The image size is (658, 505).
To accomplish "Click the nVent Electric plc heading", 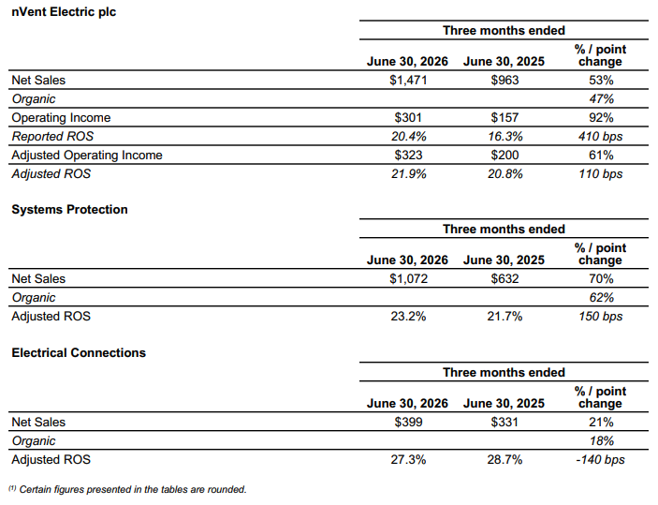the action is (64, 12).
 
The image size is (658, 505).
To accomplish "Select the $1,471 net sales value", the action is (408, 80).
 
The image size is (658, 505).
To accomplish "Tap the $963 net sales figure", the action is (504, 80).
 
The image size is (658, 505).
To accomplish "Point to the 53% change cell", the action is (601, 80).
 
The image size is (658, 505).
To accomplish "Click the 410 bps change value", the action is (601, 136).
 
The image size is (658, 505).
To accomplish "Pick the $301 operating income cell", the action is (408, 117).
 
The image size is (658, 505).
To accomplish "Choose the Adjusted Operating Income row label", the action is (87, 155).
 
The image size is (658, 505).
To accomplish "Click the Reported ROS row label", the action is (52, 136).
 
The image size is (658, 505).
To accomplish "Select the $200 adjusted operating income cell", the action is (504, 155).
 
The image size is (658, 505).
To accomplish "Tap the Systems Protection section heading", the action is (69, 209).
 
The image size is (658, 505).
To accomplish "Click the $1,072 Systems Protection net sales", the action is (408, 278).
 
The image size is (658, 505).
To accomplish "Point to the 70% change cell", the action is (601, 278).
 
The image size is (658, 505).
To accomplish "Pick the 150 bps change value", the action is (601, 316).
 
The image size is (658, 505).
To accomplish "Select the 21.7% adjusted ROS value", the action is (504, 316).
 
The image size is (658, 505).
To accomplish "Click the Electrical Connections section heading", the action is (79, 352).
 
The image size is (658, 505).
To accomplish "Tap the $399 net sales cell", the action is (408, 422).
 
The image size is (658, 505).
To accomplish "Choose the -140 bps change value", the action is (601, 459).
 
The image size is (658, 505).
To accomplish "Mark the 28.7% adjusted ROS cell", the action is (504, 459).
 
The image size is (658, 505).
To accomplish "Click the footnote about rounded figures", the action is (127, 489).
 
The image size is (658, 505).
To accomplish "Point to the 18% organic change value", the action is (601, 440).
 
